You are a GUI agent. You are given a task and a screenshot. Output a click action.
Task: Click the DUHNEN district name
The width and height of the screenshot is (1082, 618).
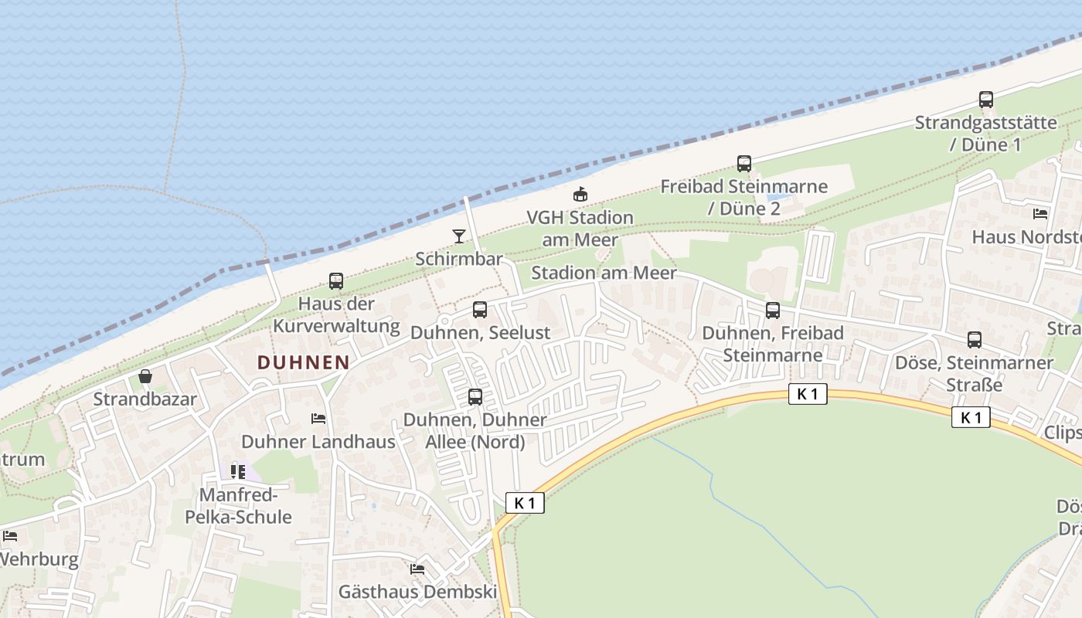pyautogui.click(x=303, y=362)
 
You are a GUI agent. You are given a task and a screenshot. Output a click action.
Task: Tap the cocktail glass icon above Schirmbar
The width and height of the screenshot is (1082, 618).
pyautogui.click(x=459, y=236)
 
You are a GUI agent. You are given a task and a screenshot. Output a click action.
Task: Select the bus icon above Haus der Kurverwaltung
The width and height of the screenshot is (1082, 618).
pyautogui.click(x=336, y=281)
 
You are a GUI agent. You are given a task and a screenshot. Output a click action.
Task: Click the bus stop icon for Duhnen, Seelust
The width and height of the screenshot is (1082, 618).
pyautogui.click(x=480, y=310)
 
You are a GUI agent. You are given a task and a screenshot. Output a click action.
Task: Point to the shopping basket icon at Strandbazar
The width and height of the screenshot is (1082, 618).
pyautogui.click(x=145, y=376)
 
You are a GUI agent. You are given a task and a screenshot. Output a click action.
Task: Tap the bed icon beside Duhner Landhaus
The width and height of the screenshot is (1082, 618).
pyautogui.click(x=318, y=419)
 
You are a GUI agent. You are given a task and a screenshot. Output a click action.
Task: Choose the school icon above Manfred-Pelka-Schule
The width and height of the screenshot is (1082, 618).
pyautogui.click(x=238, y=471)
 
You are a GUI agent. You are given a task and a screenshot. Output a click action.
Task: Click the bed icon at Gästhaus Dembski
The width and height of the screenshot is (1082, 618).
pyautogui.click(x=417, y=569)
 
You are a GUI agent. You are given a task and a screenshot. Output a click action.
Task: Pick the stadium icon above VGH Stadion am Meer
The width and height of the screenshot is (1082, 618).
pyautogui.click(x=580, y=195)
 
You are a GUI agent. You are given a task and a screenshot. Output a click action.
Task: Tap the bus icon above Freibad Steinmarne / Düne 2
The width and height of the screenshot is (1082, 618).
pyautogui.click(x=744, y=164)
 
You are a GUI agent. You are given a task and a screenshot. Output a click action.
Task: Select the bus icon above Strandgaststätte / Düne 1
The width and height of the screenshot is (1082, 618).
pyautogui.click(x=986, y=100)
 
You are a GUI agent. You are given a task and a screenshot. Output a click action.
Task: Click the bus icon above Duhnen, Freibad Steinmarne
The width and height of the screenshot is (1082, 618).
pyautogui.click(x=773, y=311)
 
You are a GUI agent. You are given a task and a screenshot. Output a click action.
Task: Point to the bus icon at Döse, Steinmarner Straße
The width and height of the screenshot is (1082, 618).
pyautogui.click(x=975, y=340)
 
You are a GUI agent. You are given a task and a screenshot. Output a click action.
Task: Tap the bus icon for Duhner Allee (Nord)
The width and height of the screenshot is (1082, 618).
pyautogui.click(x=475, y=397)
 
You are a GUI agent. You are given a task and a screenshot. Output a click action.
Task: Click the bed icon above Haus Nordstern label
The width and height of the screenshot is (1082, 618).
pyautogui.click(x=1040, y=214)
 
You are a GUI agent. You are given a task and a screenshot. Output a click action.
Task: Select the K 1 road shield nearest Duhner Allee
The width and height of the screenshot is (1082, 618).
pyautogui.click(x=525, y=503)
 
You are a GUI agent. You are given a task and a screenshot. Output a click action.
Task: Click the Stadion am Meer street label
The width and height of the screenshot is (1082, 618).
pyautogui.click(x=604, y=273)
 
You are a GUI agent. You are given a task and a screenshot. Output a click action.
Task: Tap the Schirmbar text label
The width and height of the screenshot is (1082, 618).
pyautogui.click(x=459, y=259)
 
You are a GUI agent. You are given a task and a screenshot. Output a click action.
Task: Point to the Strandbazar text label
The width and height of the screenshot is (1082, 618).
pyautogui.click(x=145, y=399)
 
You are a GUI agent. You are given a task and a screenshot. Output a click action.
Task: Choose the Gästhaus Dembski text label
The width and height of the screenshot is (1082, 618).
pyautogui.click(x=417, y=593)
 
